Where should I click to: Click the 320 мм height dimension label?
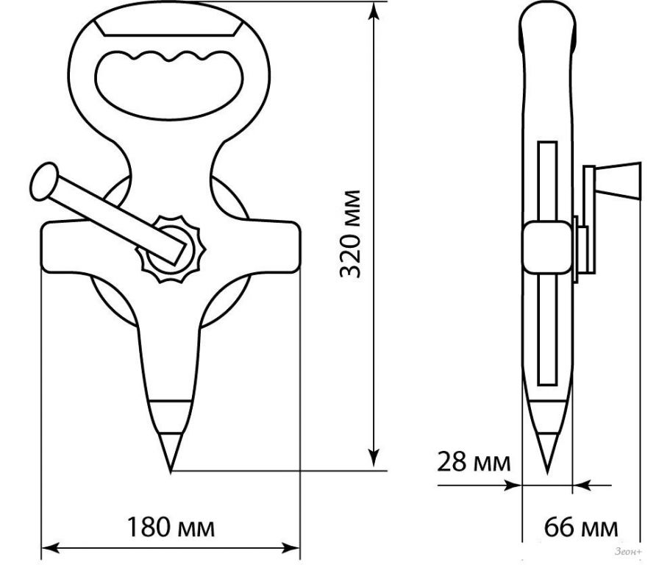click(x=350, y=234)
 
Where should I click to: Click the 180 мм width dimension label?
click(x=171, y=527)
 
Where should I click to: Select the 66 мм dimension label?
click(x=581, y=527)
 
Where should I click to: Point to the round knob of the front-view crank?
click(x=43, y=181)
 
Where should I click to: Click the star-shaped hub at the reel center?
click(x=171, y=249)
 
